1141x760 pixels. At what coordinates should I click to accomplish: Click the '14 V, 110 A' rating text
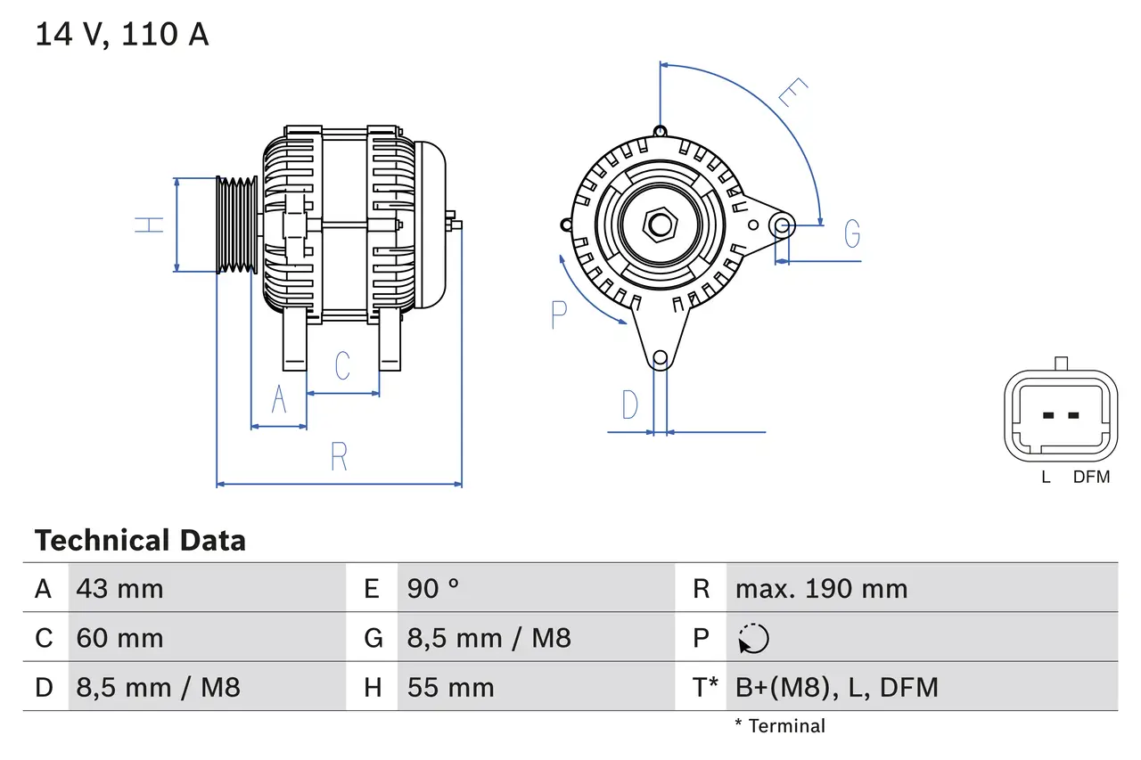[x=121, y=34]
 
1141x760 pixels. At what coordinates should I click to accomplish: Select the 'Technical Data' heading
[x=140, y=540]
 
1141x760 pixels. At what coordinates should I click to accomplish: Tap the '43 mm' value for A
[x=120, y=588]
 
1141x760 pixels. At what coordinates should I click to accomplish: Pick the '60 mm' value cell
[x=120, y=638]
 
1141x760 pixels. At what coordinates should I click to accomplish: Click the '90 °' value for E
[x=433, y=588]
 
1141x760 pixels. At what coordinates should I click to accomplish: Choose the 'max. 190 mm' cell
[x=821, y=588]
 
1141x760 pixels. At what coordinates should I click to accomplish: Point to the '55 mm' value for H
[x=450, y=687]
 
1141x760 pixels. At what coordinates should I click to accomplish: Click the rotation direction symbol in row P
[x=753, y=638]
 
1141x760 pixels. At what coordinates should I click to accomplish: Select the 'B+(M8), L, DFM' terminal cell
[x=836, y=687]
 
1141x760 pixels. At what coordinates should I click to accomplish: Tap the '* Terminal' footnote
[x=780, y=726]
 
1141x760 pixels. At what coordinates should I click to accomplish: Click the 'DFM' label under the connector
[x=1091, y=477]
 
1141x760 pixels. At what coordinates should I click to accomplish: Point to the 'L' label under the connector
[x=1046, y=477]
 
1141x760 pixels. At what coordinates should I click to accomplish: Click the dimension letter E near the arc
[x=792, y=93]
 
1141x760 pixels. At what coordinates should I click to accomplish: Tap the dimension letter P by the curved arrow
[x=559, y=315]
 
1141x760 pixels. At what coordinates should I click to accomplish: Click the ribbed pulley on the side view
[x=237, y=225]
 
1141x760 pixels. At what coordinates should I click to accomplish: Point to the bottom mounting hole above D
[x=660, y=358]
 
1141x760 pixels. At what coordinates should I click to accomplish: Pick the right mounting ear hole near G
[x=782, y=224]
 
